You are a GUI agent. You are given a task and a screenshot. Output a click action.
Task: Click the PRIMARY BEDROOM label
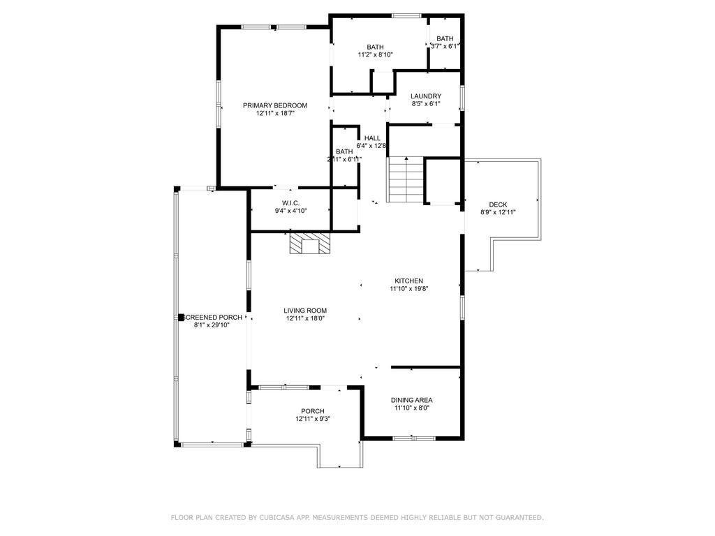click(274, 105)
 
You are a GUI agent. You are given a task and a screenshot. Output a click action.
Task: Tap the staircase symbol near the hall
click(406, 179)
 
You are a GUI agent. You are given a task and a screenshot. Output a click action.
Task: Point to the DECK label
click(498, 204)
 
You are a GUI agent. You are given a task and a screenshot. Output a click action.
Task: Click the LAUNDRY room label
click(425, 96)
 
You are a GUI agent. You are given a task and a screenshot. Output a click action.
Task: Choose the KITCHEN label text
click(408, 281)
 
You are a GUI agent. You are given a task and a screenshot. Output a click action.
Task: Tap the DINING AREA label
click(411, 400)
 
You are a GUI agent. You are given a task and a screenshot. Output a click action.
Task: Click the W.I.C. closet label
click(290, 202)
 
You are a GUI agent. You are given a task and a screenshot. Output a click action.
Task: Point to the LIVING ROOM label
click(305, 311)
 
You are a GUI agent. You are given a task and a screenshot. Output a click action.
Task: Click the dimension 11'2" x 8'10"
click(375, 54)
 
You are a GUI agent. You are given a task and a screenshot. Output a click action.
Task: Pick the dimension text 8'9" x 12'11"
click(498, 212)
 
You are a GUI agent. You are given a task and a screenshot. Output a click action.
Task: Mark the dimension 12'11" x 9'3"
click(312, 419)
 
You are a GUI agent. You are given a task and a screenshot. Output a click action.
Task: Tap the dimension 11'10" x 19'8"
click(408, 288)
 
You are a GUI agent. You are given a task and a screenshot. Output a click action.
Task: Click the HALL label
click(372, 138)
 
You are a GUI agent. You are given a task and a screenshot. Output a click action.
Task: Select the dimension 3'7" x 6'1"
click(445, 46)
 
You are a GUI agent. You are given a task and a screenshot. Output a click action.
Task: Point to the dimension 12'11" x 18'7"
click(274, 113)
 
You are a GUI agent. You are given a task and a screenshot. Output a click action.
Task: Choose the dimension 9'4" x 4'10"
click(290, 210)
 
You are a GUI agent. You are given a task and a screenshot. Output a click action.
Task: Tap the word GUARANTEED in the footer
click(517, 517)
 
